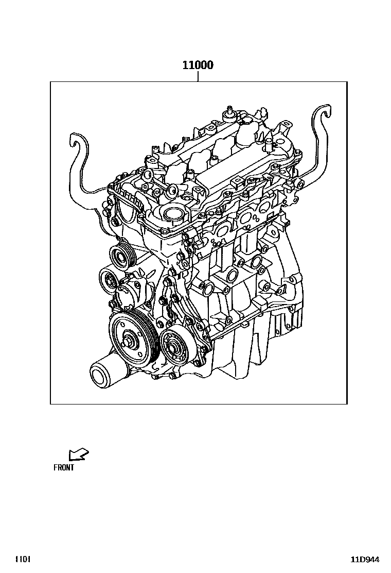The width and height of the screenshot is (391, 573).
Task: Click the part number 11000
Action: pyautogui.click(x=198, y=65)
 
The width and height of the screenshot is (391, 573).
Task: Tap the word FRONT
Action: pyautogui.click(x=64, y=467)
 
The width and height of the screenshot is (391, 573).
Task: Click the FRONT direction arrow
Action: pyautogui.click(x=78, y=454)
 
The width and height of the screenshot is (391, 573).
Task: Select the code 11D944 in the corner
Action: pyautogui.click(x=365, y=560)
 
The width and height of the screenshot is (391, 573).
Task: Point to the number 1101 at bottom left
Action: pyautogui.click(x=23, y=560)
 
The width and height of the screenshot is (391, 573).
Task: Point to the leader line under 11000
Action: pyautogui.click(x=198, y=76)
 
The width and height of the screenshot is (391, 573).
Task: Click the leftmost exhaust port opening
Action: pyautogui.click(x=218, y=231)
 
